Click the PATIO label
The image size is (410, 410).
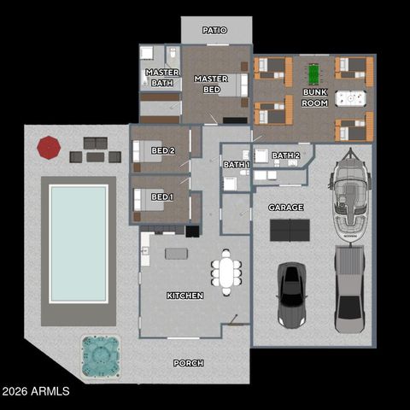(215, 30)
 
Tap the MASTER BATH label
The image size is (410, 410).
(161, 78)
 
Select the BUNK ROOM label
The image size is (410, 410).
(314, 97)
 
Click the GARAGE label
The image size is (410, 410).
(285, 208)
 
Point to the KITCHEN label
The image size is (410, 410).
(184, 296)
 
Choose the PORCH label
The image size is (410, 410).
(188, 363)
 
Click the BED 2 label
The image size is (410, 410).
(162, 151)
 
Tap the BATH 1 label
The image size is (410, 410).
(236, 165)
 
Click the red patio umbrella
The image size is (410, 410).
(49, 147)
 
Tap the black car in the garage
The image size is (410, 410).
(291, 295)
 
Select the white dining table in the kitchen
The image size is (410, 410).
(226, 272)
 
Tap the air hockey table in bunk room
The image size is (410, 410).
(350, 98)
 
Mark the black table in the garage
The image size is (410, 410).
(290, 230)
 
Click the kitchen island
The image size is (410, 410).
(176, 253)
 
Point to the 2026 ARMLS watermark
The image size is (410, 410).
(36, 392)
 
